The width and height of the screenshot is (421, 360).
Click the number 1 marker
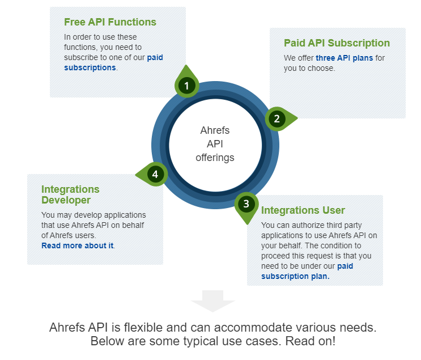click(186, 86)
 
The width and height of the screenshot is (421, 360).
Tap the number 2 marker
click(277, 118)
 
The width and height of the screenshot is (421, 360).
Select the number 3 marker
click(246, 204)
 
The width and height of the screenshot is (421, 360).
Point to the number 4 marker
click(155, 175)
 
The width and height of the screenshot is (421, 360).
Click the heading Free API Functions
click(110, 22)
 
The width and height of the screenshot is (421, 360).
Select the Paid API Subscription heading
click(337, 43)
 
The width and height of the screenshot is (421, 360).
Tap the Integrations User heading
click(303, 210)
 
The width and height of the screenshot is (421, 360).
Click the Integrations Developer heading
click(70, 194)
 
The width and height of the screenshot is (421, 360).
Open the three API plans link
click(344, 58)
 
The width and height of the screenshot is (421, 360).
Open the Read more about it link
click(77, 245)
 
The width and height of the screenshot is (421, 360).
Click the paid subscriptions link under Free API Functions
click(113, 62)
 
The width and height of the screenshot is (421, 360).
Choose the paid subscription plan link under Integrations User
click(307, 271)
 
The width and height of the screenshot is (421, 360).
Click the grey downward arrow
click(212, 301)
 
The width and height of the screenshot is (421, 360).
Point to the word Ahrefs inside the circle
click(215, 130)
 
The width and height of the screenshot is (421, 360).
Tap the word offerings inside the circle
click(215, 158)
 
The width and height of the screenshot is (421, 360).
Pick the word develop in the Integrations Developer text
click(88, 215)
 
